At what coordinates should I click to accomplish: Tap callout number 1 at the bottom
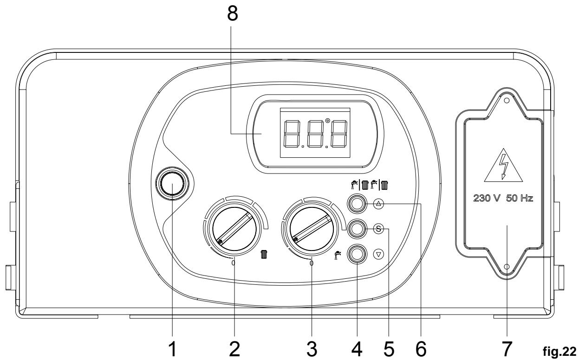pyautogui.click(x=172, y=349)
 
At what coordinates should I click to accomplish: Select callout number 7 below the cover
pyautogui.click(x=507, y=349)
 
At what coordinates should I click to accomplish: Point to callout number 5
pyautogui.click(x=389, y=349)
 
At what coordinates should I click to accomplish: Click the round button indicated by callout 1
pyautogui.click(x=172, y=183)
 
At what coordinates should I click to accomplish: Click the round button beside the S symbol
pyautogui.click(x=357, y=229)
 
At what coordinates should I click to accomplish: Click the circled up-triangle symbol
pyautogui.click(x=378, y=204)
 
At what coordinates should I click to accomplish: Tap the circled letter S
pyautogui.click(x=378, y=229)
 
